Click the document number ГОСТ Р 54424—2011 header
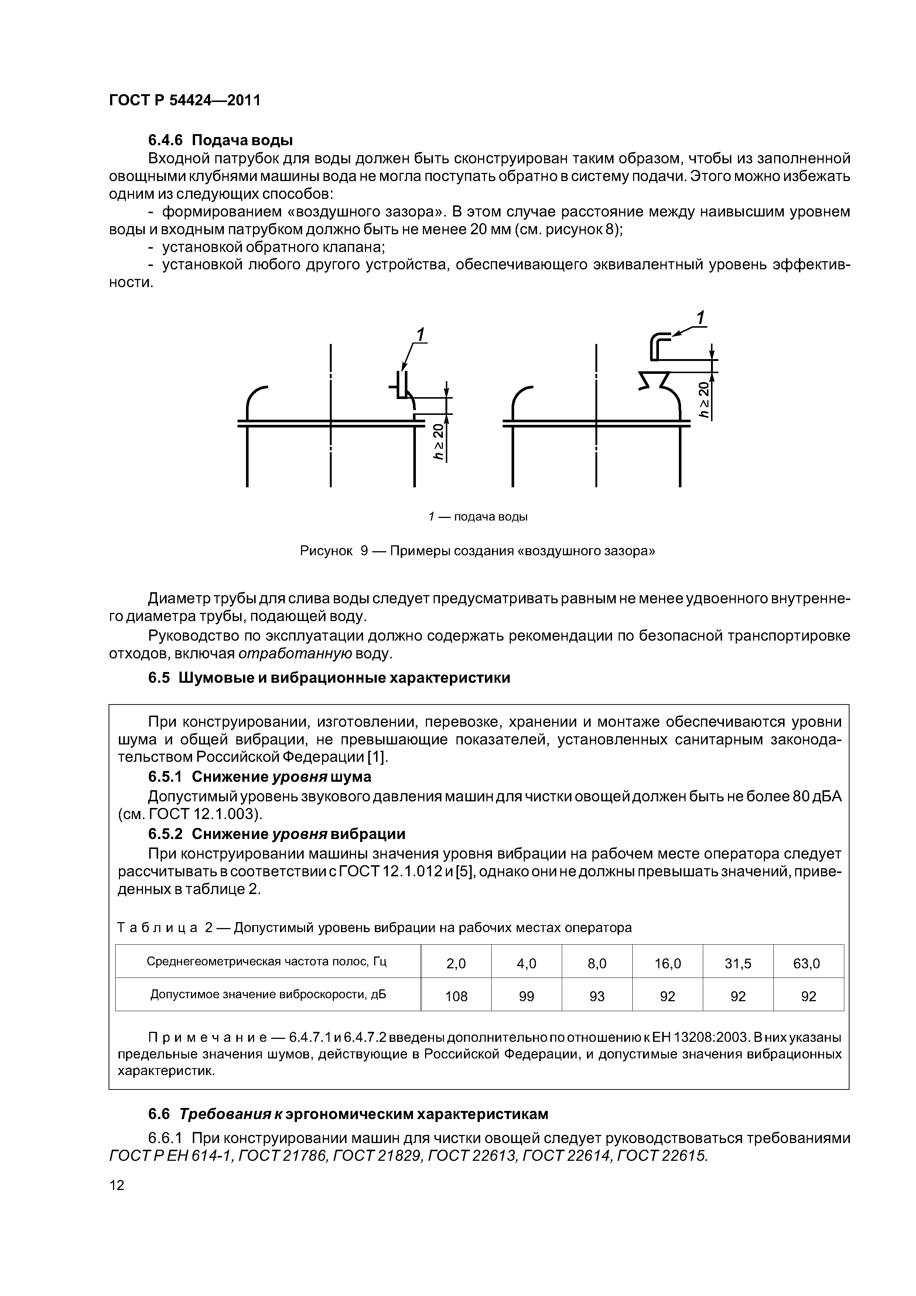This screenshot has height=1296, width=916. (x=185, y=100)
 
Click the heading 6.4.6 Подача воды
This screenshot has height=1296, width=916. (x=220, y=139)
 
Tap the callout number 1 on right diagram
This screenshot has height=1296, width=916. (x=700, y=318)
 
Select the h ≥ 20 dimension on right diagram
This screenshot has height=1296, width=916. (x=703, y=399)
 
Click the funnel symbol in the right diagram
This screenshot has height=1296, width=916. (x=653, y=381)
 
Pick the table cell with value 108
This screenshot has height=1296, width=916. (x=456, y=996)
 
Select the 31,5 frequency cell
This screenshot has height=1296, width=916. (x=738, y=964)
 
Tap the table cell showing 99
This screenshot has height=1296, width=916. (x=526, y=996)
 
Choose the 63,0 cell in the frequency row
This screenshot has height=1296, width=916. (x=808, y=964)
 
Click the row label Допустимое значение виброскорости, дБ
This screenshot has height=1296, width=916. (x=268, y=995)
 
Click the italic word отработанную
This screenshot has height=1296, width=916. (x=295, y=654)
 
